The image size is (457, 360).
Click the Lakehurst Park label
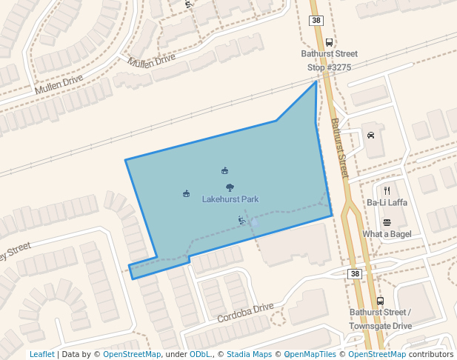pyautogui.click(x=230, y=199)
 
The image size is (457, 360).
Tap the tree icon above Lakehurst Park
pyautogui.click(x=230, y=187)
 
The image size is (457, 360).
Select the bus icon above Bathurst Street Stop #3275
pyautogui.click(x=329, y=42)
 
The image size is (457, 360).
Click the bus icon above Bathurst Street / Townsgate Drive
pyautogui.click(x=380, y=301)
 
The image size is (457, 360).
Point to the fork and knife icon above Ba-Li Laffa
pyautogui.click(x=387, y=190)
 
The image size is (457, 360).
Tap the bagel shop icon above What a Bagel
pyautogui.click(x=387, y=222)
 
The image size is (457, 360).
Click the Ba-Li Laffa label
pyautogui.click(x=387, y=202)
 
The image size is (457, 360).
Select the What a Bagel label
pyautogui.click(x=387, y=234)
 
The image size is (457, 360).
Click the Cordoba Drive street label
pyautogui.click(x=245, y=313)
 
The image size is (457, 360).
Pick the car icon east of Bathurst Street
pyautogui.click(x=370, y=136)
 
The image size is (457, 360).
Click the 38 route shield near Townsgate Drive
pyautogui.click(x=356, y=274)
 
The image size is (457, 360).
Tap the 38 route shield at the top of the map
pyautogui.click(x=316, y=20)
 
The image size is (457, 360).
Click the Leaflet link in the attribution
pyautogui.click(x=41, y=354)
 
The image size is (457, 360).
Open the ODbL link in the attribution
pyautogui.click(x=199, y=354)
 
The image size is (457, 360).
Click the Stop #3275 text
pyautogui.click(x=329, y=67)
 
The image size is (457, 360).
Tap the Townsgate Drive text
pyautogui.click(x=381, y=325)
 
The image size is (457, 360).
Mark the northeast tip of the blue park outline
pyautogui.click(x=316, y=81)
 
